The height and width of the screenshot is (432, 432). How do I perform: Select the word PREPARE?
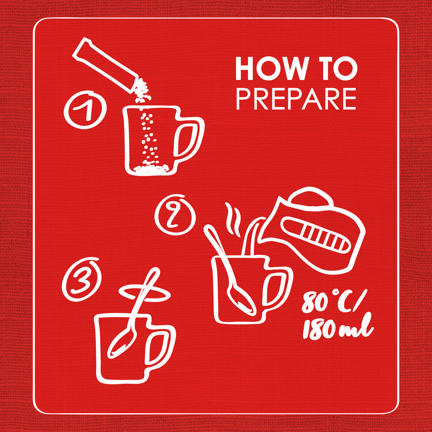[x=297, y=99]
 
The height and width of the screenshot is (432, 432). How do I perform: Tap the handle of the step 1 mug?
[x=188, y=140]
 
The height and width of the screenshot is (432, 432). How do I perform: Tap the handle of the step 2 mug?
[x=277, y=292]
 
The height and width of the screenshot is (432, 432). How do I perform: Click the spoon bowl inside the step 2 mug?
[x=242, y=300]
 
